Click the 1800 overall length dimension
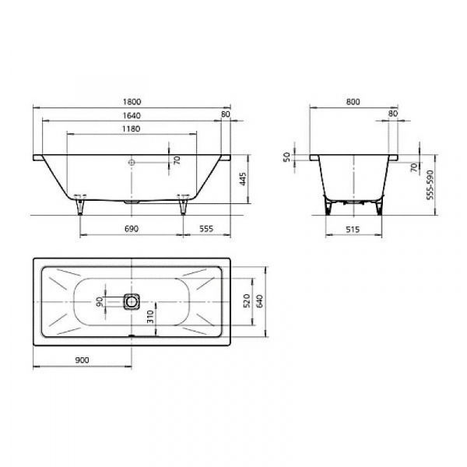[x=132, y=101]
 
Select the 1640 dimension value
[x=132, y=115]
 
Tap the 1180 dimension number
[x=132, y=128]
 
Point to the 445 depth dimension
[x=243, y=179]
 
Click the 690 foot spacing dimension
[x=132, y=229]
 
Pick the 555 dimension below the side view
[x=206, y=229]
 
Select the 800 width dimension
[x=353, y=101]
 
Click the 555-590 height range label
[x=430, y=184]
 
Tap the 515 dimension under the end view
[x=353, y=230]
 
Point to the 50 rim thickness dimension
[x=286, y=156]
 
